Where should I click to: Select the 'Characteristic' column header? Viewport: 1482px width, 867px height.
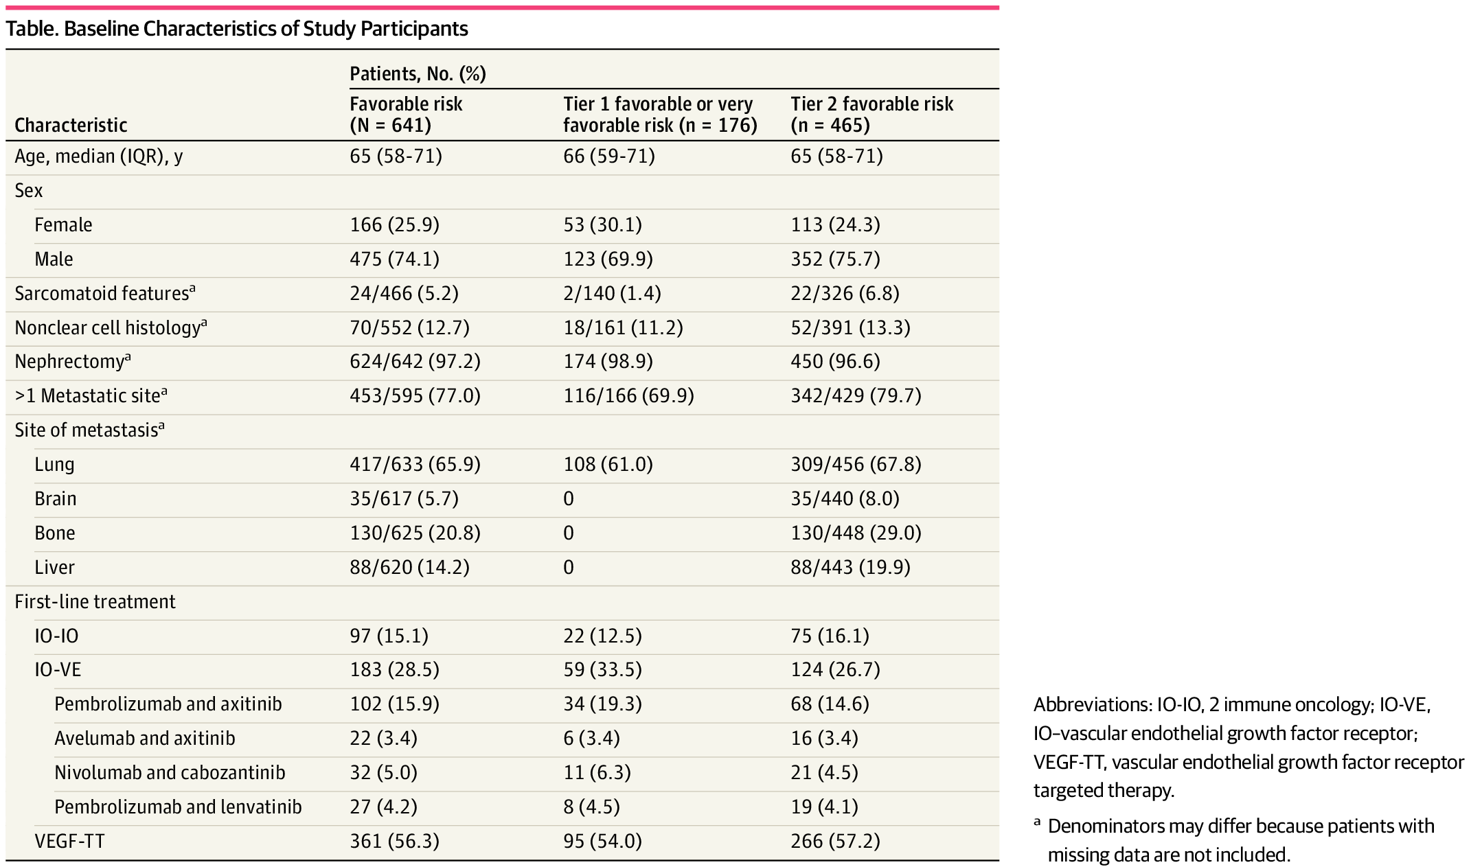(71, 125)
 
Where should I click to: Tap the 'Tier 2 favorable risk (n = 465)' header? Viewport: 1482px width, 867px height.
(871, 114)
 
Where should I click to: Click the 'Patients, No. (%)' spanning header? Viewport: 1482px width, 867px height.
(418, 73)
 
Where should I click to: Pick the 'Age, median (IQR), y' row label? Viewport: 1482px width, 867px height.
(99, 157)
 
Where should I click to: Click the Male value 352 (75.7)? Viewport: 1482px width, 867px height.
(835, 259)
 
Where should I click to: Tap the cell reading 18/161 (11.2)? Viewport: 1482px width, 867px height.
(623, 327)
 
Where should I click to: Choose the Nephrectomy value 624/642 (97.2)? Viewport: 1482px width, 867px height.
(415, 362)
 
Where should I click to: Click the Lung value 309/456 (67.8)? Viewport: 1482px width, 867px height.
(856, 464)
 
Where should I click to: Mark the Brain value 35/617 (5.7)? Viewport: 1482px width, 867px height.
(404, 498)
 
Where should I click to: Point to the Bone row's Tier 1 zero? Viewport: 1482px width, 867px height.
(568, 533)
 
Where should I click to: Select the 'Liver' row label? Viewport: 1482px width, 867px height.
(54, 567)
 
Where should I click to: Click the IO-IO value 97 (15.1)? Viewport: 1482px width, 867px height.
(389, 636)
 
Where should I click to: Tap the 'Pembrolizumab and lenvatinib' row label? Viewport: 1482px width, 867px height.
(178, 807)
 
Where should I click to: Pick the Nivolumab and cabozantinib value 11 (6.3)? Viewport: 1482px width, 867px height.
(597, 772)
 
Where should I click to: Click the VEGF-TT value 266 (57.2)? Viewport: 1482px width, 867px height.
(835, 841)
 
